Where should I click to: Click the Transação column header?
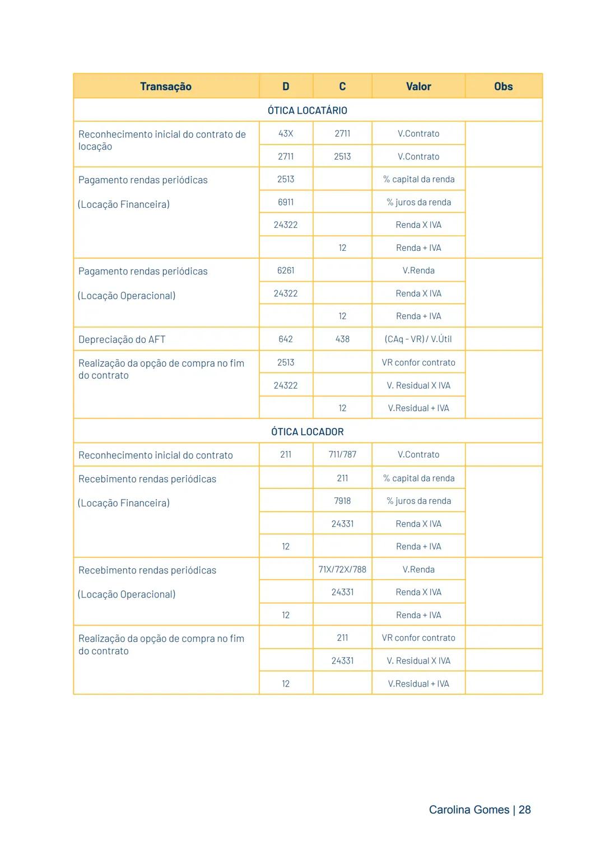[166, 86]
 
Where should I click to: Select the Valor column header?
[418, 86]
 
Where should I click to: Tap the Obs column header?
[503, 86]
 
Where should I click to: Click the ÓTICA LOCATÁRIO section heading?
[307, 110]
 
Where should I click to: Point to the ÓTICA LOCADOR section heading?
[307, 432]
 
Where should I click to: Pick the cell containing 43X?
[286, 133]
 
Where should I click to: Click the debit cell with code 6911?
[286, 202]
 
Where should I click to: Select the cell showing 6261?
[286, 270]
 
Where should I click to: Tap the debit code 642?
[286, 339]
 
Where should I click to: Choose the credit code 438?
[342, 339]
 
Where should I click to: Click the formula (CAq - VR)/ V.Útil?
[418, 339]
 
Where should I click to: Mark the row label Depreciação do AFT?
[122, 339]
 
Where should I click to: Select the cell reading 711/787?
[342, 454]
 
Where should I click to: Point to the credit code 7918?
[342, 501]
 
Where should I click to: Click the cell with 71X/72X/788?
[342, 570]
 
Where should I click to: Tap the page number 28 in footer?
[524, 810]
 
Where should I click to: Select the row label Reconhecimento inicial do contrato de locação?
[162, 140]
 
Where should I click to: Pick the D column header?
[286, 86]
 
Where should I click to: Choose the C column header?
[342, 86]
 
